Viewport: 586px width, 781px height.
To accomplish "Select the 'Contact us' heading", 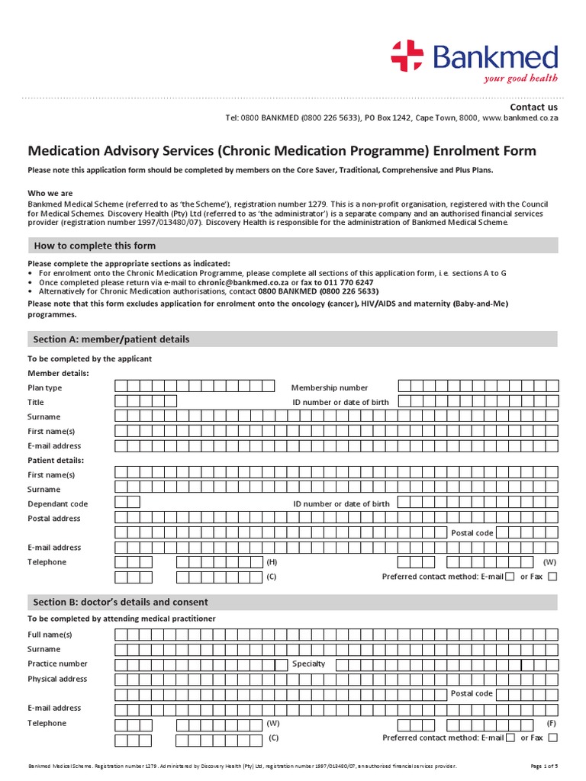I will click(x=534, y=108).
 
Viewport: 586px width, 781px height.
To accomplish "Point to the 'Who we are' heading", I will click(x=50, y=193).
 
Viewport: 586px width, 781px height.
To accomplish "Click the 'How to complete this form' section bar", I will click(x=293, y=246).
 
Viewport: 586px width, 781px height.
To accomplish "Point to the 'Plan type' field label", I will click(x=45, y=387).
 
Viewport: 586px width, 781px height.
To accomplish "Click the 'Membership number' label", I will click(x=329, y=387).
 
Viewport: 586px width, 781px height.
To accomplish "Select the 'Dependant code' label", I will click(x=57, y=504).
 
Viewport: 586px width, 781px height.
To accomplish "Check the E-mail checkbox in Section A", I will click(x=510, y=577).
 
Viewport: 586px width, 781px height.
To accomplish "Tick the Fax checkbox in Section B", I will click(x=552, y=738).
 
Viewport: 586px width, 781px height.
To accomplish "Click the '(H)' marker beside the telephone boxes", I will click(x=271, y=562).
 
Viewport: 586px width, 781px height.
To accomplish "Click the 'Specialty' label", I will click(x=308, y=664).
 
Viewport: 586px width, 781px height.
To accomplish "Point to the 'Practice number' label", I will click(x=57, y=664).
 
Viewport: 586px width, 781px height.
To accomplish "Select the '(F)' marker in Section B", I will click(x=551, y=723).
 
